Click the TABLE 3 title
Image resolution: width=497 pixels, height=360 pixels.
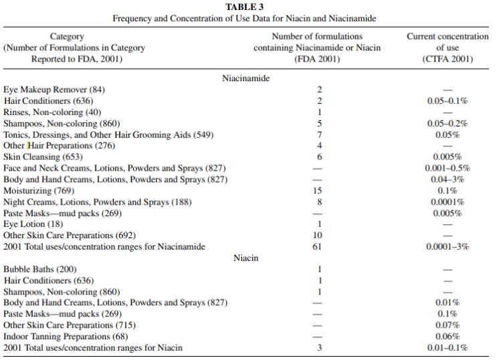point(244,7)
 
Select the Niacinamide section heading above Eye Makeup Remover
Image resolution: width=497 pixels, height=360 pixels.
point(245,78)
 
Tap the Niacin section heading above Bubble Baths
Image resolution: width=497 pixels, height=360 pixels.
point(245,258)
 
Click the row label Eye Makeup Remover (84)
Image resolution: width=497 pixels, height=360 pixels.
point(54,90)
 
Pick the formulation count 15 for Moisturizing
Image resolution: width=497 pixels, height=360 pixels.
point(317,191)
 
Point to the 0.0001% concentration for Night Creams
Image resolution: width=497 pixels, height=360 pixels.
point(448,202)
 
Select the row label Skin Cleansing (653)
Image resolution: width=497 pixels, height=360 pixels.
point(43,157)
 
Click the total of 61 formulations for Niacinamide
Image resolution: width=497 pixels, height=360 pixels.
point(317,247)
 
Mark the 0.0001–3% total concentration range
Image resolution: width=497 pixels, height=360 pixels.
point(448,247)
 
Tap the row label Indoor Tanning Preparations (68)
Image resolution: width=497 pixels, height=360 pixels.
point(66,337)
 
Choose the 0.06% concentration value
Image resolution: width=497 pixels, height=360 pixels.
point(448,337)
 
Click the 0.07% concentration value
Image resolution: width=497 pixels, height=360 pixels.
point(448,325)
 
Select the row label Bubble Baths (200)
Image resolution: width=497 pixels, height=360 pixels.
point(40,269)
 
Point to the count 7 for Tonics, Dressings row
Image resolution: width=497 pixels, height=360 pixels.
point(320,134)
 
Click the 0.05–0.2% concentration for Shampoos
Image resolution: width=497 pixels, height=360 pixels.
point(448,123)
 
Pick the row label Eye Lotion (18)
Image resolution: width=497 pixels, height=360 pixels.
point(33,224)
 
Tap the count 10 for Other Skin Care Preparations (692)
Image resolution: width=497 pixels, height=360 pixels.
point(317,236)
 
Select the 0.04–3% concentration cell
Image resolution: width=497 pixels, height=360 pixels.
point(448,179)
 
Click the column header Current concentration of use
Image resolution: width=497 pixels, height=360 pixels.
point(448,48)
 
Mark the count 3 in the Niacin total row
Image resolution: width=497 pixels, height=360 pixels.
point(320,348)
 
